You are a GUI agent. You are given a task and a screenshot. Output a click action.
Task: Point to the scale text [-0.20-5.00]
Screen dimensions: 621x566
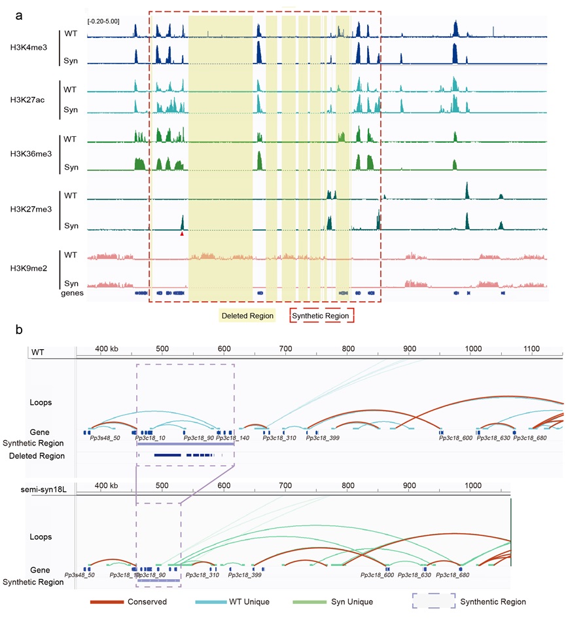103,21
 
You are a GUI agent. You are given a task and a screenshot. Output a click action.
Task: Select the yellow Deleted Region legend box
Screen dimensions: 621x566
247,316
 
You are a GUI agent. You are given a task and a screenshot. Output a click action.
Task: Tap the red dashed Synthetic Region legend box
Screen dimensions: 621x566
321,316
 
